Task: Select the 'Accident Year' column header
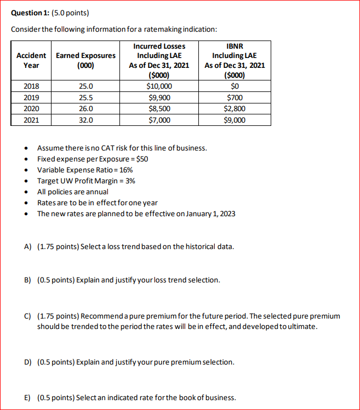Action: click(x=31, y=60)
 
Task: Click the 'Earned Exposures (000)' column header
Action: click(x=87, y=60)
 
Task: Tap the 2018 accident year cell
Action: click(x=31, y=86)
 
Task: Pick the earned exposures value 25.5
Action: click(x=87, y=97)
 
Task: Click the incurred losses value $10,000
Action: click(x=159, y=86)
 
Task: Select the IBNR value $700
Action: click(x=235, y=97)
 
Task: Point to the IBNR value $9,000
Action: click(x=235, y=120)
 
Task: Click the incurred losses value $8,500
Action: click(x=159, y=109)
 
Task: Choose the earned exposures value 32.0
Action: click(x=87, y=120)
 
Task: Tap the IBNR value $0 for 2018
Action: click(x=235, y=86)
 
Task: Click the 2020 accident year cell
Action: click(x=31, y=109)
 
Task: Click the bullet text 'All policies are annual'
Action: click(x=72, y=192)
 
